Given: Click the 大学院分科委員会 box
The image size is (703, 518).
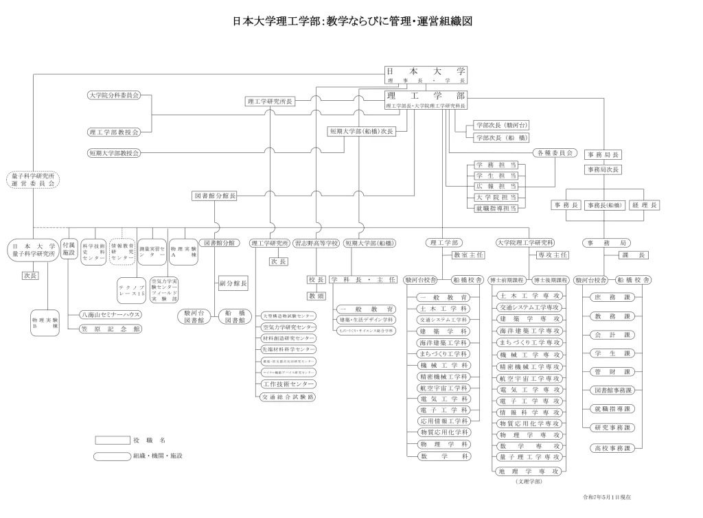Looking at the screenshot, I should click(114, 95).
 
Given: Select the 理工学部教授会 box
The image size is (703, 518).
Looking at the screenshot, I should click(114, 131).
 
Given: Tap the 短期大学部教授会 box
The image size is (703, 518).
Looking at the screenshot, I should click(114, 152).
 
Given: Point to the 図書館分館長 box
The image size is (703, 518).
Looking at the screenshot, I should click(214, 196).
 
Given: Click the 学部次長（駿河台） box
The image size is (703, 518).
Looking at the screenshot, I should click(501, 126).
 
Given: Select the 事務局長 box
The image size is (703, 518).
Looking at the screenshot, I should click(602, 155).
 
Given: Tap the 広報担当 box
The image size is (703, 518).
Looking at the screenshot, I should click(496, 186).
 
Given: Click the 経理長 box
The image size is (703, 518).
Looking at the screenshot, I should click(645, 205).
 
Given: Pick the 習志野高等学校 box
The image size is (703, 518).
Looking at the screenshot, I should click(316, 243).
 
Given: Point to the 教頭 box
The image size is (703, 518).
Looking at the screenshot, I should click(316, 296).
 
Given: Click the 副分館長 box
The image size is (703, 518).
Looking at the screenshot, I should click(233, 283).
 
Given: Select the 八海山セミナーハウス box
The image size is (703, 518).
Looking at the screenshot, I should click(110, 314).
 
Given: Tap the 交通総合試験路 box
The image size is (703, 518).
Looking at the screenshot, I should click(288, 397).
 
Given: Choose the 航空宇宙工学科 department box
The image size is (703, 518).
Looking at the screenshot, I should click(443, 388).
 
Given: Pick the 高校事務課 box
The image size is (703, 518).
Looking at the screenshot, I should click(610, 448).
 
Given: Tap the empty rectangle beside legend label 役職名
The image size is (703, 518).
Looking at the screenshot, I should click(112, 440).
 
